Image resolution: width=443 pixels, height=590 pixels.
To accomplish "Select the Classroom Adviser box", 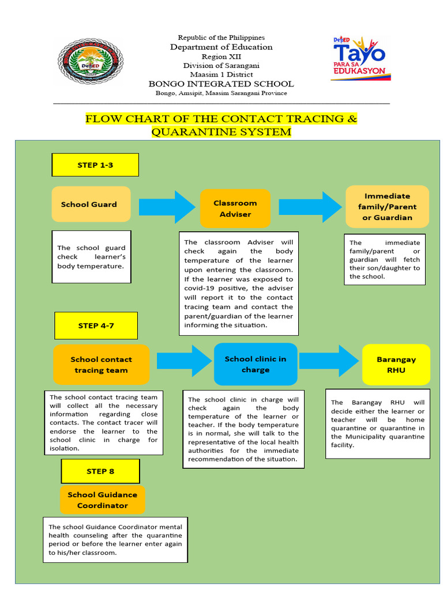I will point(235,208).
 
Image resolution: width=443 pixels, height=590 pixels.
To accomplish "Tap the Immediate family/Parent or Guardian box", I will point(387,206).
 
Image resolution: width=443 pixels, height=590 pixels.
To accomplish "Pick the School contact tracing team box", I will point(101,365).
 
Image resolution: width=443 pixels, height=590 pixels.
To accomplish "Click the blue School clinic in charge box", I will point(256,364).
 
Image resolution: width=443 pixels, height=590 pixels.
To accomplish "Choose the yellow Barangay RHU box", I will point(396,365).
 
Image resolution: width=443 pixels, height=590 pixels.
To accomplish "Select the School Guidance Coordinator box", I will point(102,500).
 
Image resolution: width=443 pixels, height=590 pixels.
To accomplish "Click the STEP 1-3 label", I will point(95,165).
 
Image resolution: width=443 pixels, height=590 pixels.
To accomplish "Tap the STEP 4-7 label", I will point(96,326).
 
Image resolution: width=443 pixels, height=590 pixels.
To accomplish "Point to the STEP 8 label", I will point(100,471).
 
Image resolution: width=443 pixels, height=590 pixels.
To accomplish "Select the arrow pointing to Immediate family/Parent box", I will point(310,207).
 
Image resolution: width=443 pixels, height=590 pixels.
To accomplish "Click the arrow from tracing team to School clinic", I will point(184,361).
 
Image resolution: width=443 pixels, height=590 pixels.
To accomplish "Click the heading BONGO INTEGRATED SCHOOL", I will point(221,84).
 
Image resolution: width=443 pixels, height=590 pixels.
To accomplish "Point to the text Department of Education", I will point(221,47).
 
